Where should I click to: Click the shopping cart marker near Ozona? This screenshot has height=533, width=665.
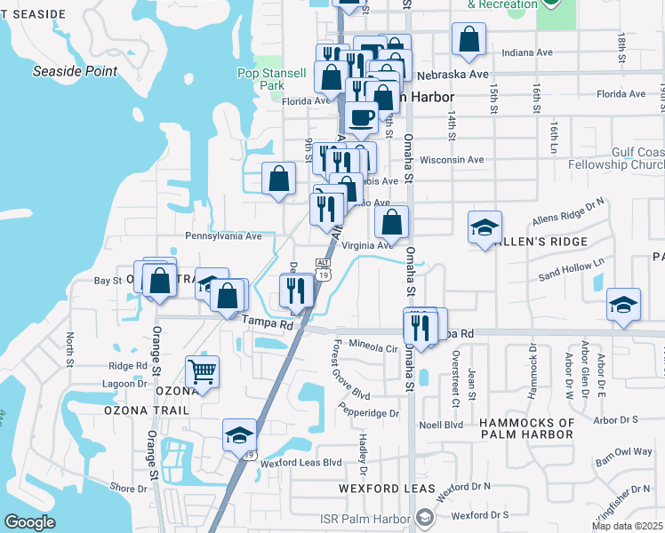pyautogui.click(x=203, y=372)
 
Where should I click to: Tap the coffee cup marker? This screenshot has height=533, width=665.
pyautogui.click(x=360, y=117)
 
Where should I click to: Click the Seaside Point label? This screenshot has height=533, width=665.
pyautogui.click(x=76, y=70)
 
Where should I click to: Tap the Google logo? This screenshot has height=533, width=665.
pyautogui.click(x=29, y=522)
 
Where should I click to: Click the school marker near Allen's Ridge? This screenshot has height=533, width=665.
pyautogui.click(x=485, y=227)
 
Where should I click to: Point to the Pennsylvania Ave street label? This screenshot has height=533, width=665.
pyautogui.click(x=223, y=236)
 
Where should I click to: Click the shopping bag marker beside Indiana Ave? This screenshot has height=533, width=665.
pyautogui.click(x=468, y=39)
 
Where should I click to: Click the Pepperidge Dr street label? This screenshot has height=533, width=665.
pyautogui.click(x=369, y=413)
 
